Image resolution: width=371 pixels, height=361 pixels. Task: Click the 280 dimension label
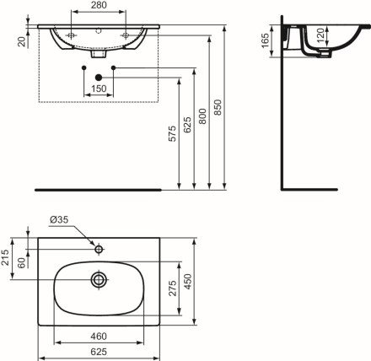tap(99, 5)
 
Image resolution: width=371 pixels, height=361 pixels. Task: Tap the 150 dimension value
tap(99, 89)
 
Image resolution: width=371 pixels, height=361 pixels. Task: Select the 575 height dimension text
tap(172, 133)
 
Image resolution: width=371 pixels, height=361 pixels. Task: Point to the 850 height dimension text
tap(218, 107)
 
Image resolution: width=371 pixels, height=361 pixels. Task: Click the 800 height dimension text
tap(202, 116)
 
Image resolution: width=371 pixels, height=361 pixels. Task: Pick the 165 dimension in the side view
tap(266, 40)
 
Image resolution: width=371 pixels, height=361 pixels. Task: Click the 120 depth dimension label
tap(320, 35)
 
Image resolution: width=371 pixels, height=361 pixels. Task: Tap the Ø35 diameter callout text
tap(59, 219)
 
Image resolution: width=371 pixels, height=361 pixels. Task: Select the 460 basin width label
tap(99, 337)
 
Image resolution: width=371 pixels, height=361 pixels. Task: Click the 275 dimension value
tap(173, 288)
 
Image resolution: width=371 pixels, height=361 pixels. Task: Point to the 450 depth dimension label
tap(187, 282)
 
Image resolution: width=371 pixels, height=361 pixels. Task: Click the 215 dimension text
tap(5, 257)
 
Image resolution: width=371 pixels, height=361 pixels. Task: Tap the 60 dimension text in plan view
tap(22, 262)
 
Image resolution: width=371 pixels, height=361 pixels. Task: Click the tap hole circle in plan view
tap(99, 249)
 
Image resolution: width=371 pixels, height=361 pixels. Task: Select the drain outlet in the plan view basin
tap(99, 279)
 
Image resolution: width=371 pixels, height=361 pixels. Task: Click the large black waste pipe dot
tap(99, 78)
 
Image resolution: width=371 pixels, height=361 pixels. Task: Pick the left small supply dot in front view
tap(83, 67)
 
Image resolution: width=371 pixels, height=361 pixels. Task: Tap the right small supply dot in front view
tap(114, 67)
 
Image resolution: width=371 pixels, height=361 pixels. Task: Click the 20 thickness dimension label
tap(22, 42)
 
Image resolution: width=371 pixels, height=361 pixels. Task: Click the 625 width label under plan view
tap(99, 352)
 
